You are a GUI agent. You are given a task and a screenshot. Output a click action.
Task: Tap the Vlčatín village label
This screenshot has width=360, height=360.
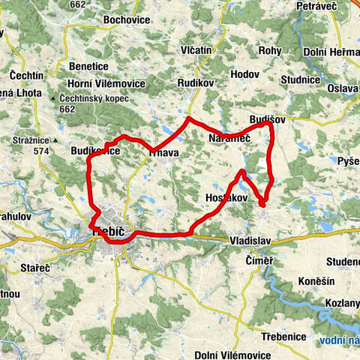coord(196,49)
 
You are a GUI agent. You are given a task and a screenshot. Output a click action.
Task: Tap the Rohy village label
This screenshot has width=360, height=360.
coord(269,50)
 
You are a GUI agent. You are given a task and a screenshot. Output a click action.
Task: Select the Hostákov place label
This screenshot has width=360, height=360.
coord(225,197)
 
